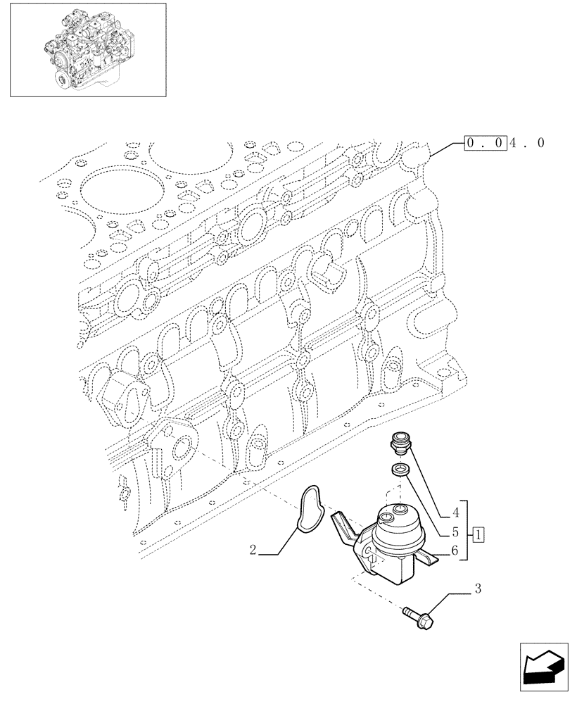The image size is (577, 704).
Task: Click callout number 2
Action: coord(252,552)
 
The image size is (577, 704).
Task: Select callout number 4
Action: coord(455,512)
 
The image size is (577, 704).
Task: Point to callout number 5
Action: coord(455,532)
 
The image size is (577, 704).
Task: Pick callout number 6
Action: coord(455,553)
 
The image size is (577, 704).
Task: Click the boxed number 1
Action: coord(478,533)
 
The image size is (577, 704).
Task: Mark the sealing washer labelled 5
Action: coord(398,471)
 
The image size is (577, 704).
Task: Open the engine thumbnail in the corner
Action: coord(88,49)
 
